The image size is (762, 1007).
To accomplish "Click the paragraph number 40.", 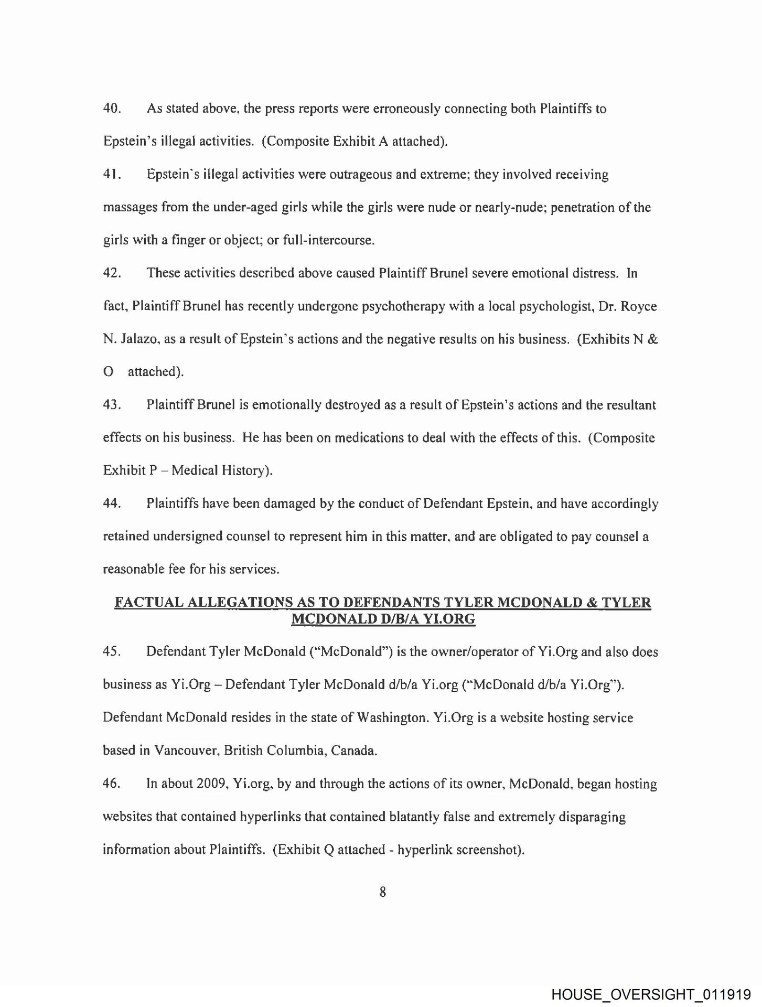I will click(x=112, y=109).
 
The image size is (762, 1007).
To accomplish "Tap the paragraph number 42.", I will click(x=112, y=273).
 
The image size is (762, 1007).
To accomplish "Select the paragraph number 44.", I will click(x=112, y=504).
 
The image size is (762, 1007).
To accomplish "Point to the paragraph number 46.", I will click(x=112, y=784).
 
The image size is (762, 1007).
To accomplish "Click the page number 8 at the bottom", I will click(x=382, y=892).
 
